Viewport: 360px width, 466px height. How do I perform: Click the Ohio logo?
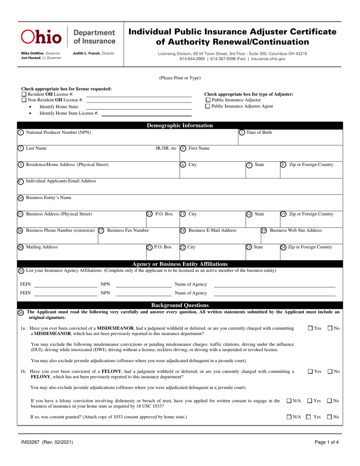pyautogui.click(x=41, y=36)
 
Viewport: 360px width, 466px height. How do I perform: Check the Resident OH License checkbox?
pyautogui.click(x=24, y=94)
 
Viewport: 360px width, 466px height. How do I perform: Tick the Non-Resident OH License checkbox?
pyautogui.click(x=24, y=100)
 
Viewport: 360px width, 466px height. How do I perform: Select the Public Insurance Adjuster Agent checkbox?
pyautogui.click(x=207, y=106)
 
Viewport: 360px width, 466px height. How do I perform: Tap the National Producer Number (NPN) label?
pyautogui.click(x=58, y=132)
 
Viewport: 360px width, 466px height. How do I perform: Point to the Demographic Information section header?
pyautogui.click(x=180, y=126)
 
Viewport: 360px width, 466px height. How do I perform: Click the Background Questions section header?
pyautogui.click(x=180, y=305)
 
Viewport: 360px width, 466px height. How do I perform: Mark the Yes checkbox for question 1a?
pyautogui.click(x=310, y=328)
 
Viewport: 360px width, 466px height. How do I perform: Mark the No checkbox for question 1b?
pyautogui.click(x=330, y=372)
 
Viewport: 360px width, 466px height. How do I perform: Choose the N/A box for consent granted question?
pyautogui.click(x=289, y=417)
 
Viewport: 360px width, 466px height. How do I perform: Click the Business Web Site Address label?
pyautogui.click(x=296, y=230)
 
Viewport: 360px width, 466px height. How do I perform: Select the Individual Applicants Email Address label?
pyautogui.click(x=61, y=181)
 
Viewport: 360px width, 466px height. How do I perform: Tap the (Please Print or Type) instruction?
pyautogui.click(x=180, y=78)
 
